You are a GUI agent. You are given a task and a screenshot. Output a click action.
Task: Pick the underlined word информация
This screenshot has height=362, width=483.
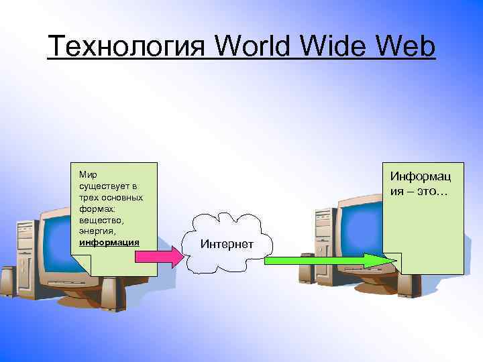[x=109, y=242]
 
